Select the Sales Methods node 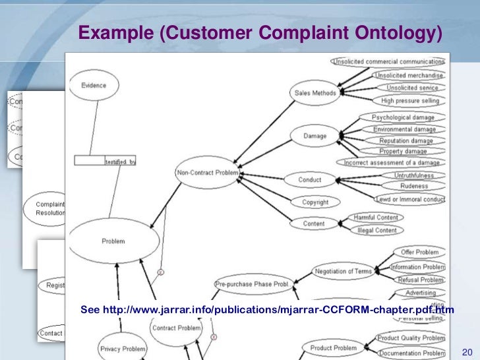(x=315, y=94)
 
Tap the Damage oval (x=315, y=136)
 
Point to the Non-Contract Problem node (x=207, y=173)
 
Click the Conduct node (x=309, y=179)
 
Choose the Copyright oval (x=315, y=202)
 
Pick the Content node (x=314, y=224)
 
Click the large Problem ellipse (x=113, y=241)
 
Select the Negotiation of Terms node (x=344, y=272)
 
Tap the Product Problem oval (x=334, y=347)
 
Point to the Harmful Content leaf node (x=375, y=217)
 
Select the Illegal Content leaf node (x=376, y=231)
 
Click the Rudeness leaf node (x=413, y=186)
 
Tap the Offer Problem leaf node (x=419, y=253)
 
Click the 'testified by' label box (x=119, y=161)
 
